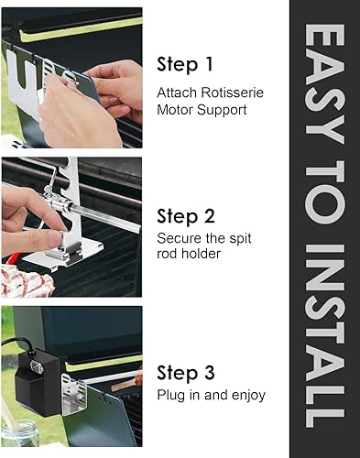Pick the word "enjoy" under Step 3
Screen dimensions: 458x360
[247, 396]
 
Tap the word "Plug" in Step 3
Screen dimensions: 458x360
[174, 396]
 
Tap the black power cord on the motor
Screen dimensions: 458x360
[17, 346]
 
